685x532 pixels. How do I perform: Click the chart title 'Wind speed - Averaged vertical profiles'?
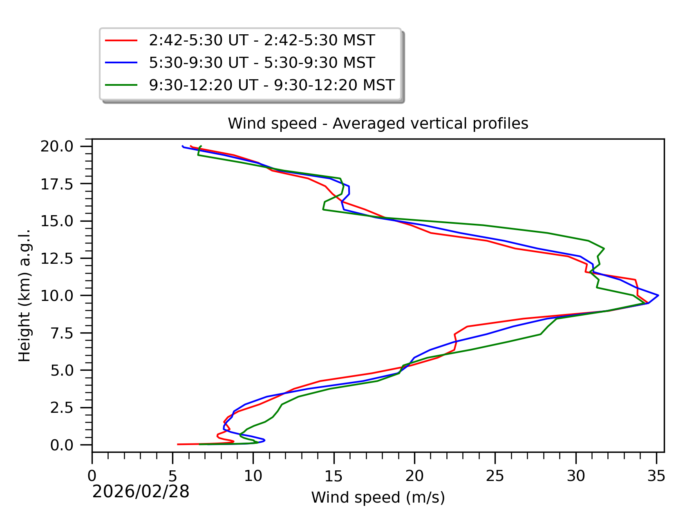378,123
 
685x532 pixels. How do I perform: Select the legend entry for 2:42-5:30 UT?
262,40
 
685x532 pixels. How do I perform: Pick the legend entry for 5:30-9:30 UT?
262,63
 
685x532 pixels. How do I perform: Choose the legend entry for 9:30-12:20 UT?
271,85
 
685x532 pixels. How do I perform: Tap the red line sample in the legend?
121,40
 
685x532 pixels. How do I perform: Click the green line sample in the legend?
121,85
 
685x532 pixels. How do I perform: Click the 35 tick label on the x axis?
656,476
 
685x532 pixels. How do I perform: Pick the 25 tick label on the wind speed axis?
495,476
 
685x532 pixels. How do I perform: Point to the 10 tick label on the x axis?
253,476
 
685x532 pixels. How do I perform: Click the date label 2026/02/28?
141,492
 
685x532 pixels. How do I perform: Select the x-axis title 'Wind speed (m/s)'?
378,498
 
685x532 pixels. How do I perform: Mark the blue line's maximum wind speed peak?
658,295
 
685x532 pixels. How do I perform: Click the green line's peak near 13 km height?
604,249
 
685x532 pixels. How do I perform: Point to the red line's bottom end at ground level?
178,444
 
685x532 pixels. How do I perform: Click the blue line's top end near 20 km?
182,146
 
